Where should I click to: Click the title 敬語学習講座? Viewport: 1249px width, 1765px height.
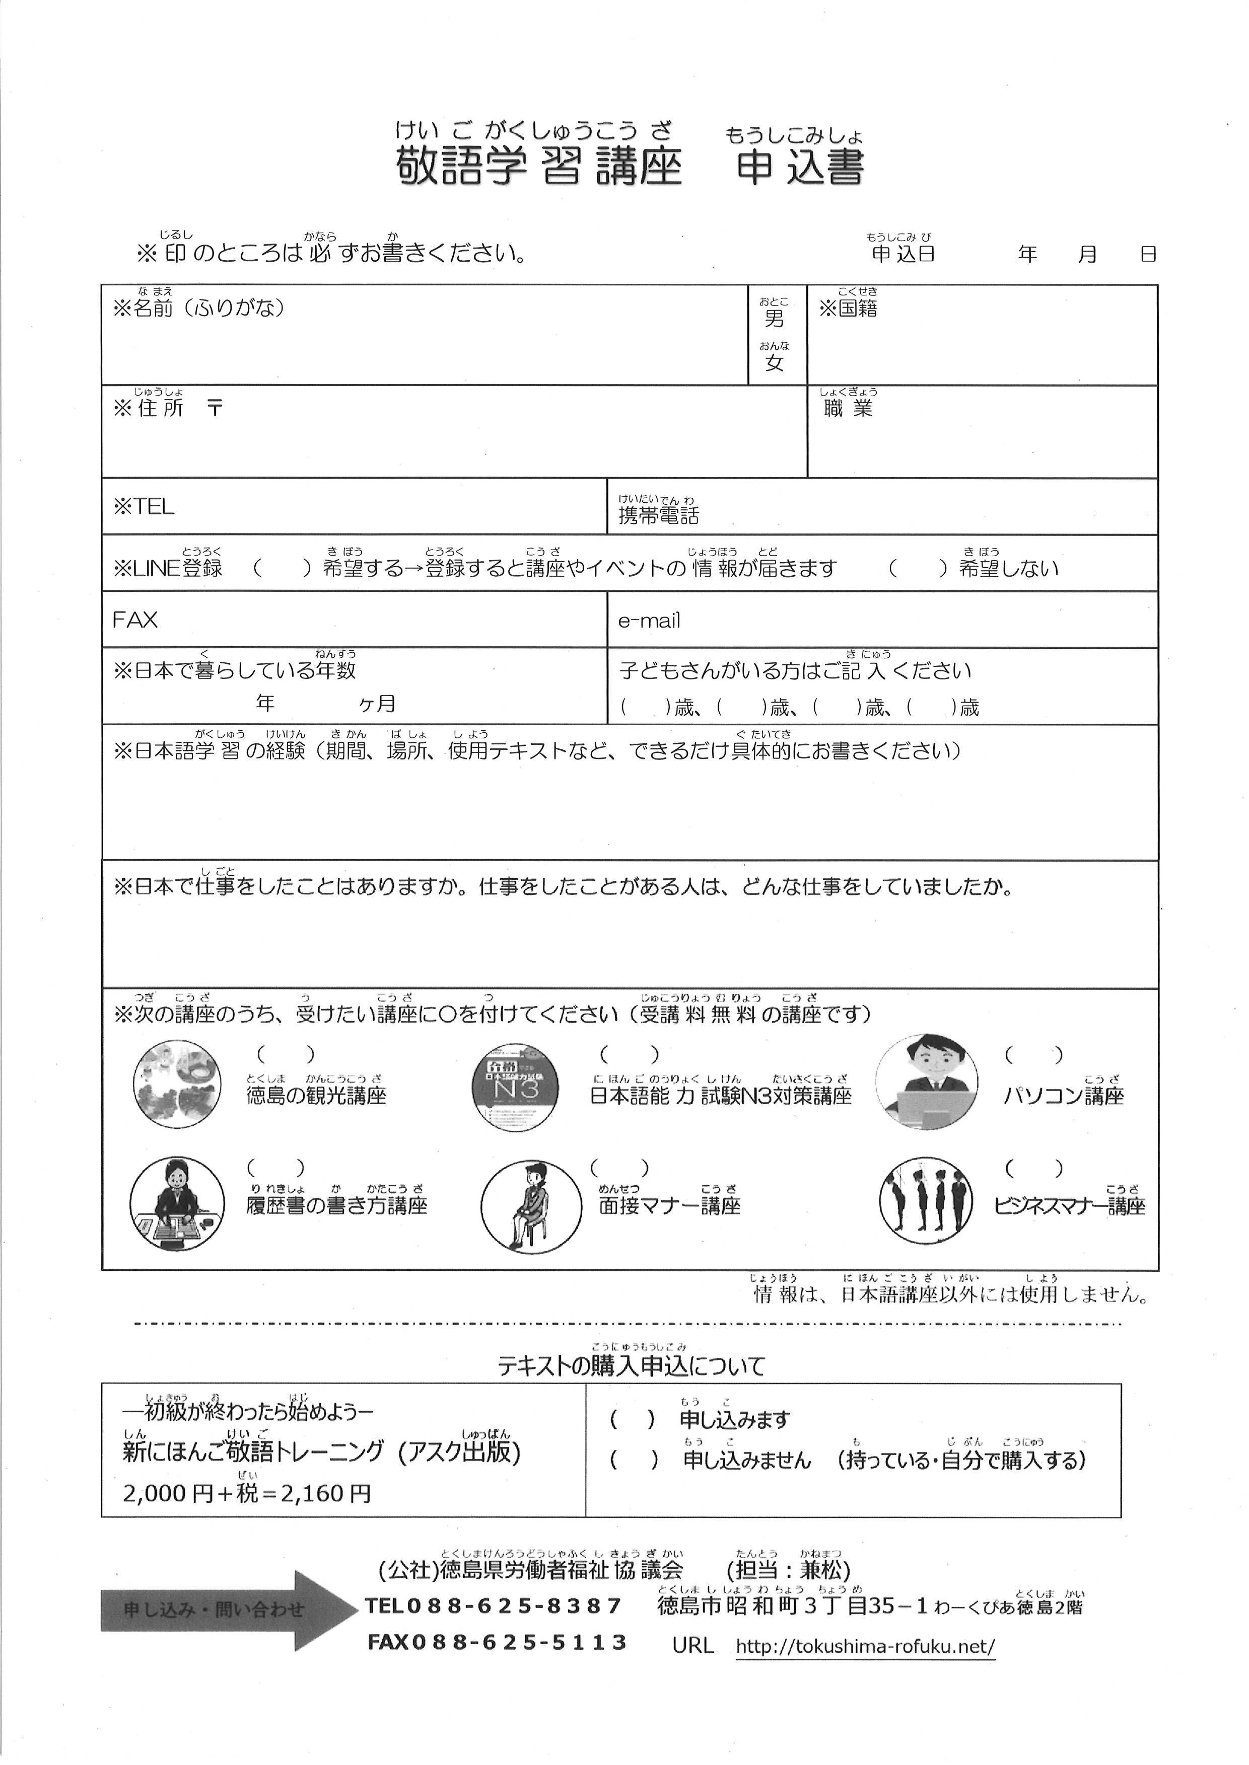(538, 166)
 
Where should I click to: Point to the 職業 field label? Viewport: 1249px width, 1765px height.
(848, 408)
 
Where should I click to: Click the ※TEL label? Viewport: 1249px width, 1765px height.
(144, 507)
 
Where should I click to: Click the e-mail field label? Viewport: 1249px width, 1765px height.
(649, 621)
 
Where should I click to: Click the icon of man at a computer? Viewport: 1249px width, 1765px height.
(928, 1083)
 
